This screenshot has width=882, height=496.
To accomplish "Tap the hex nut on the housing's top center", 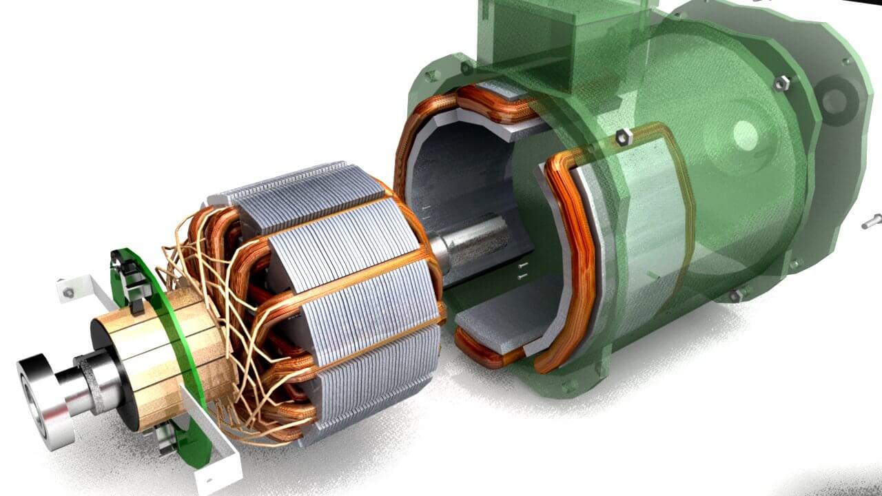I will tap(624, 136).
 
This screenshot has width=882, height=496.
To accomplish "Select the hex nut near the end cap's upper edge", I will tap(781, 83).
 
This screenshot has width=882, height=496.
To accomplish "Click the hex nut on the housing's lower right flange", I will tap(736, 296).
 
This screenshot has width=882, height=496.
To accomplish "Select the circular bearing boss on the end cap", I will tap(744, 131).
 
